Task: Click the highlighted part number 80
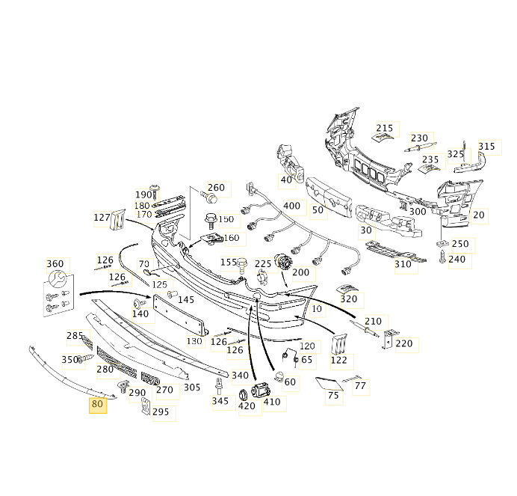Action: point(98,405)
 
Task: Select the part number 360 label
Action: point(55,264)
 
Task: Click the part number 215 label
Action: point(384,129)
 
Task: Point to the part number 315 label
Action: point(486,147)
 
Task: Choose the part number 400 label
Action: point(291,206)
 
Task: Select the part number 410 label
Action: point(272,402)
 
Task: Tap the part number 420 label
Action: point(247,406)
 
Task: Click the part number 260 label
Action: point(216,188)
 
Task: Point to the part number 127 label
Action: point(102,218)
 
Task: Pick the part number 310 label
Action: point(403,265)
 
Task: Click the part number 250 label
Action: point(460,244)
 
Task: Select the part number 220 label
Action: point(403,343)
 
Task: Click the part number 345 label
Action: point(220,402)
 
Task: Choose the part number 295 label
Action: point(161,411)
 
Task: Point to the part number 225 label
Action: point(263,264)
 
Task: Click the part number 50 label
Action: point(318,211)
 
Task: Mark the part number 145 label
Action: point(186,300)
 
